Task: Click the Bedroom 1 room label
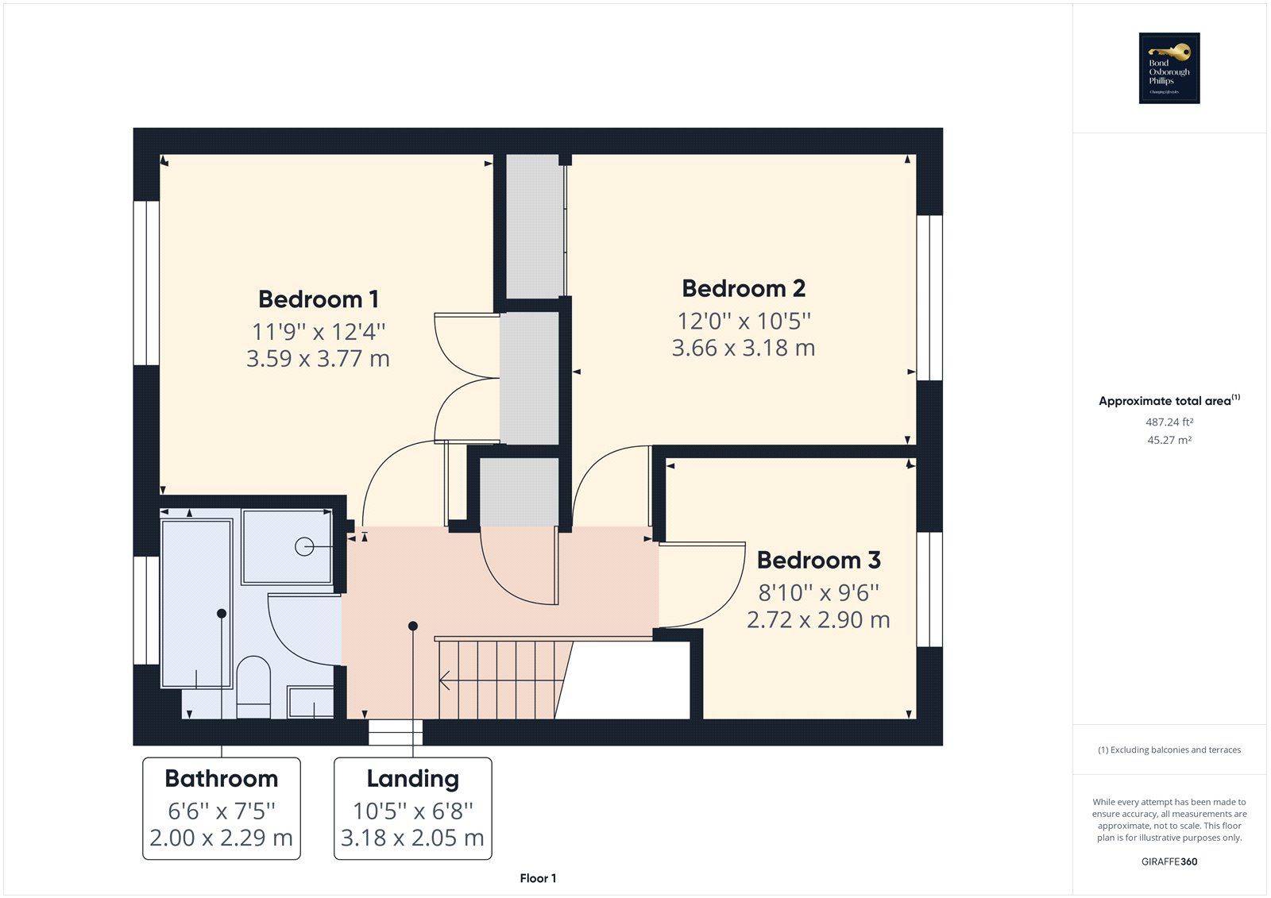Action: point(318,299)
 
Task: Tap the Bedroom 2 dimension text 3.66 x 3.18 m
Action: point(743,348)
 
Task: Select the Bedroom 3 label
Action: point(818,560)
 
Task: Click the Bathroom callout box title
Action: point(221,778)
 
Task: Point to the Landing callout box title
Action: point(412,778)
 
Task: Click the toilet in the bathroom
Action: point(253,684)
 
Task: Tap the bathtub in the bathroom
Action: point(195,603)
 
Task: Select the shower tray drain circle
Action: point(303,546)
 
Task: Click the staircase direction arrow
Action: point(446,680)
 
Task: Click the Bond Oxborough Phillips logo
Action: point(1169,68)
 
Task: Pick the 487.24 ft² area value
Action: point(1169,422)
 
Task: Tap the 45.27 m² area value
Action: point(1169,440)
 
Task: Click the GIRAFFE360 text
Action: point(1169,861)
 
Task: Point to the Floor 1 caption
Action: point(538,878)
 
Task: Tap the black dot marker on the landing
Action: point(412,626)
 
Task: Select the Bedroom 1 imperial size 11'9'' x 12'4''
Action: point(318,331)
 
